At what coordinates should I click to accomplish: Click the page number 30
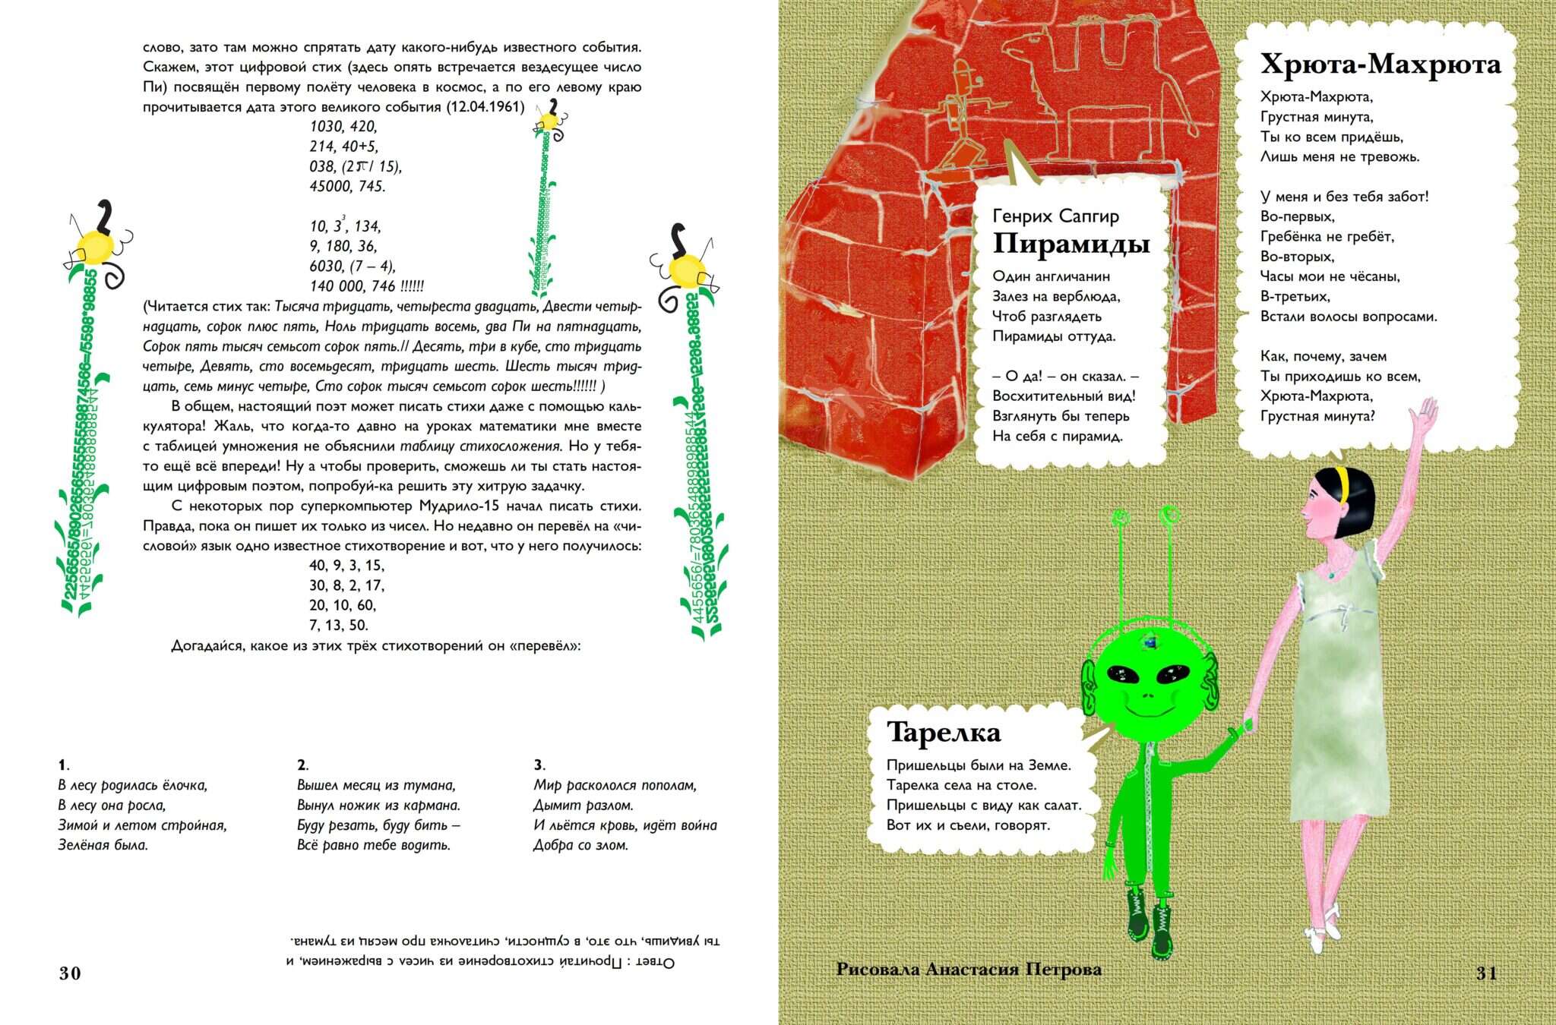coord(70,973)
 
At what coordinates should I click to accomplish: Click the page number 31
coord(1486,973)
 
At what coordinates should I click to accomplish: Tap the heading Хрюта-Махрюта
coord(1380,65)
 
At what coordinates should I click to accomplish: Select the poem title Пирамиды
coord(1071,244)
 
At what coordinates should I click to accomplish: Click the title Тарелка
coord(944,732)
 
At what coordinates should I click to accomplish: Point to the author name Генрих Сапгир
coord(1055,216)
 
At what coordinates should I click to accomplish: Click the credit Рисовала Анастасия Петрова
coord(969,969)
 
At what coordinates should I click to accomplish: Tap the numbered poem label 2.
coord(302,765)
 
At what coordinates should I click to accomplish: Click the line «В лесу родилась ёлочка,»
coord(133,785)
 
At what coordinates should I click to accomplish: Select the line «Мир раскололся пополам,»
coord(615,785)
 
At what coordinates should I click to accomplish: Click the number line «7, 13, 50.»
coord(339,626)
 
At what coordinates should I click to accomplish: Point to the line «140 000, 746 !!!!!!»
coord(367,286)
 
